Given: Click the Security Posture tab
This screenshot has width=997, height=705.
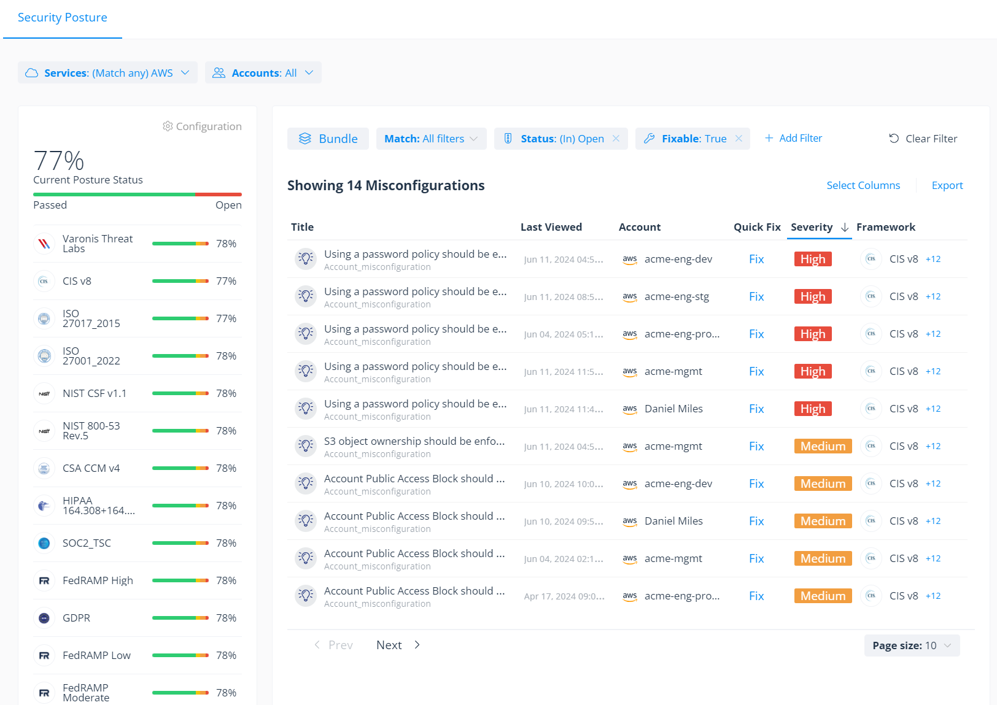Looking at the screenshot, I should click(62, 18).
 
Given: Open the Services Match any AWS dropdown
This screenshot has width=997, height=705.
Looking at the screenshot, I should click(107, 73).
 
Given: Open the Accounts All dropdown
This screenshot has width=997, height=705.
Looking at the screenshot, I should click(263, 73).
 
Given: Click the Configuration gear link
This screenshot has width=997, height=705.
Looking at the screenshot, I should click(202, 126).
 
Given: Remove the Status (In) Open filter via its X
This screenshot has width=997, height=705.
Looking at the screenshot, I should click(616, 139).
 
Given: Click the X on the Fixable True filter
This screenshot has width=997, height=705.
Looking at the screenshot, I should click(739, 139).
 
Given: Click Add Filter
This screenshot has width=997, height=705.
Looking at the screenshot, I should click(793, 138).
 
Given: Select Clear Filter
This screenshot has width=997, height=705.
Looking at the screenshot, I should click(923, 139).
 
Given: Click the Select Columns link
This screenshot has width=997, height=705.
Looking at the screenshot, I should click(863, 185).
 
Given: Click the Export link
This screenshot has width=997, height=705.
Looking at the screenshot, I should click(947, 185).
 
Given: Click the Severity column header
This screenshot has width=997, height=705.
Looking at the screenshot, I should click(812, 227).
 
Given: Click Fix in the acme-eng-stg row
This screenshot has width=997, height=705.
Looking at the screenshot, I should click(756, 296).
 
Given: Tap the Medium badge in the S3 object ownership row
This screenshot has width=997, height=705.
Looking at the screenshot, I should click(822, 446).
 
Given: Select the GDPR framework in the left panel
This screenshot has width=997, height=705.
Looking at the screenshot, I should click(76, 618).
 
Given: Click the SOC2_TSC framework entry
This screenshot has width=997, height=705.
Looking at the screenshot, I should click(87, 543).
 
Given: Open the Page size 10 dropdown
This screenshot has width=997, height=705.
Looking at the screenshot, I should click(911, 645).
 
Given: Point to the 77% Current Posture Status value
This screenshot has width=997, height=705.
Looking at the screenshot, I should click(58, 161).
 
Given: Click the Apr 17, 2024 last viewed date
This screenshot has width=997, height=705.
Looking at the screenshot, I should click(564, 596).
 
